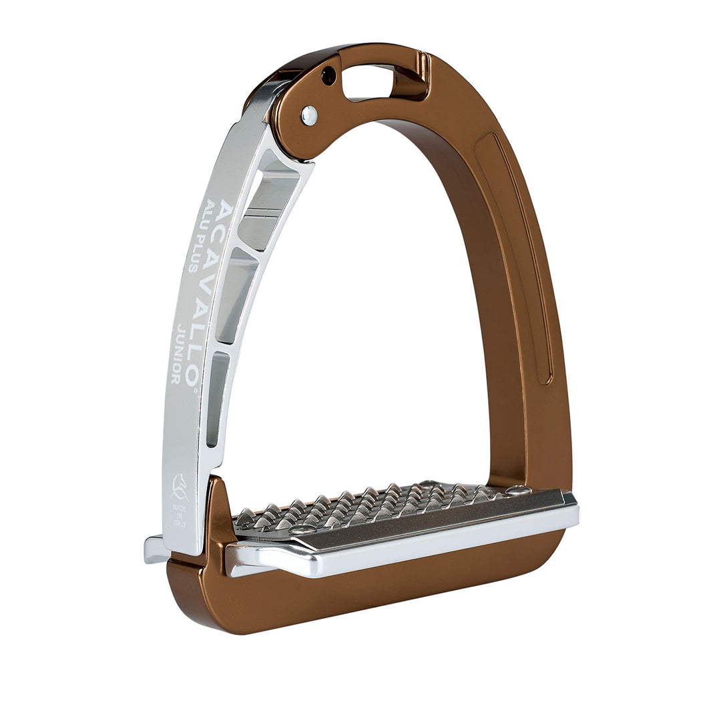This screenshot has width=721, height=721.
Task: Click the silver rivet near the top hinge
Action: point(309,115)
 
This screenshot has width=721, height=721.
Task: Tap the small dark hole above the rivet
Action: point(328,76)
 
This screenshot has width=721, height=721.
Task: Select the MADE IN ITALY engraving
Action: point(180,517)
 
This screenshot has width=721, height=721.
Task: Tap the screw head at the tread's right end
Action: point(517,491)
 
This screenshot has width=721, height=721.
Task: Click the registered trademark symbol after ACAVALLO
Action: point(195,392)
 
